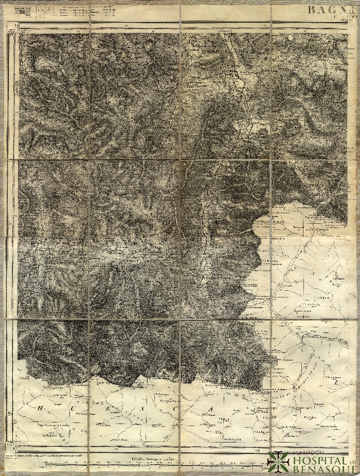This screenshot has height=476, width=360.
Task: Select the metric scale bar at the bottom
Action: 154,463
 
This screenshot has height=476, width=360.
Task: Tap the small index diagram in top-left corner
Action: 21,12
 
